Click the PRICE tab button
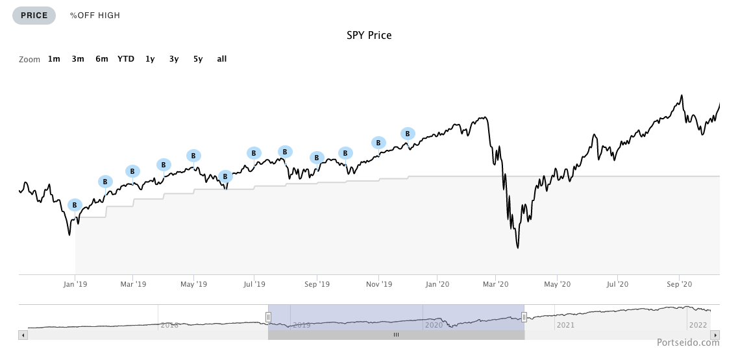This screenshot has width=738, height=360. (x=34, y=16)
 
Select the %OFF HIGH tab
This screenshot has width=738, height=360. (x=95, y=16)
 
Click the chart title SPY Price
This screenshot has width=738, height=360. (x=369, y=35)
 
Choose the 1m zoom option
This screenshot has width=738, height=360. (x=54, y=59)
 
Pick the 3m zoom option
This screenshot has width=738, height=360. (x=78, y=59)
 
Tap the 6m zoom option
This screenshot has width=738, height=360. (x=102, y=59)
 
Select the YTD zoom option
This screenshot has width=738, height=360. (x=126, y=59)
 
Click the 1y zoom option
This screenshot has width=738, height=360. (x=150, y=59)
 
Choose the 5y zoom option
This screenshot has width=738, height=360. (x=198, y=59)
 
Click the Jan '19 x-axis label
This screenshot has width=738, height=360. (x=75, y=284)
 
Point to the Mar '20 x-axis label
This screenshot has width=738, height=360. (x=495, y=284)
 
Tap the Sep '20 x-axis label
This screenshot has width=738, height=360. (x=678, y=284)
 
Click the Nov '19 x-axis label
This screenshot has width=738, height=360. (x=379, y=284)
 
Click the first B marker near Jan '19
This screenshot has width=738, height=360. (x=75, y=205)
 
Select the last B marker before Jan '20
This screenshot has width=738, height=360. (x=408, y=134)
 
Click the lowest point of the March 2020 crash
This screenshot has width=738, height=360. (x=517, y=247)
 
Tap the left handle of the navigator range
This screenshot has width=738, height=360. (x=268, y=317)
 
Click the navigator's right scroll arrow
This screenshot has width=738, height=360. (x=715, y=335)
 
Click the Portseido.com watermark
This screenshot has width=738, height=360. (x=687, y=342)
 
